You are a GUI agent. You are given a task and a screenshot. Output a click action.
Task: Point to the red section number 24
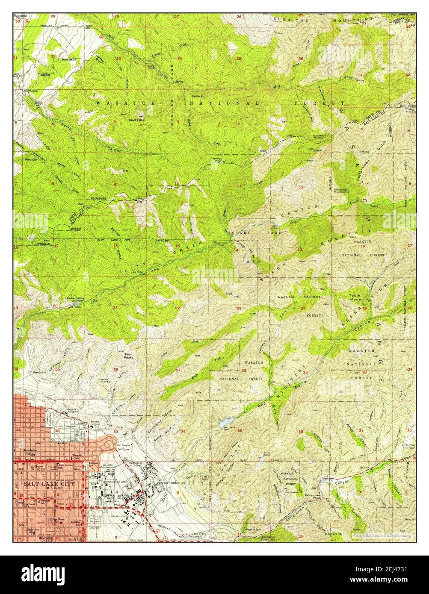(303, 309)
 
